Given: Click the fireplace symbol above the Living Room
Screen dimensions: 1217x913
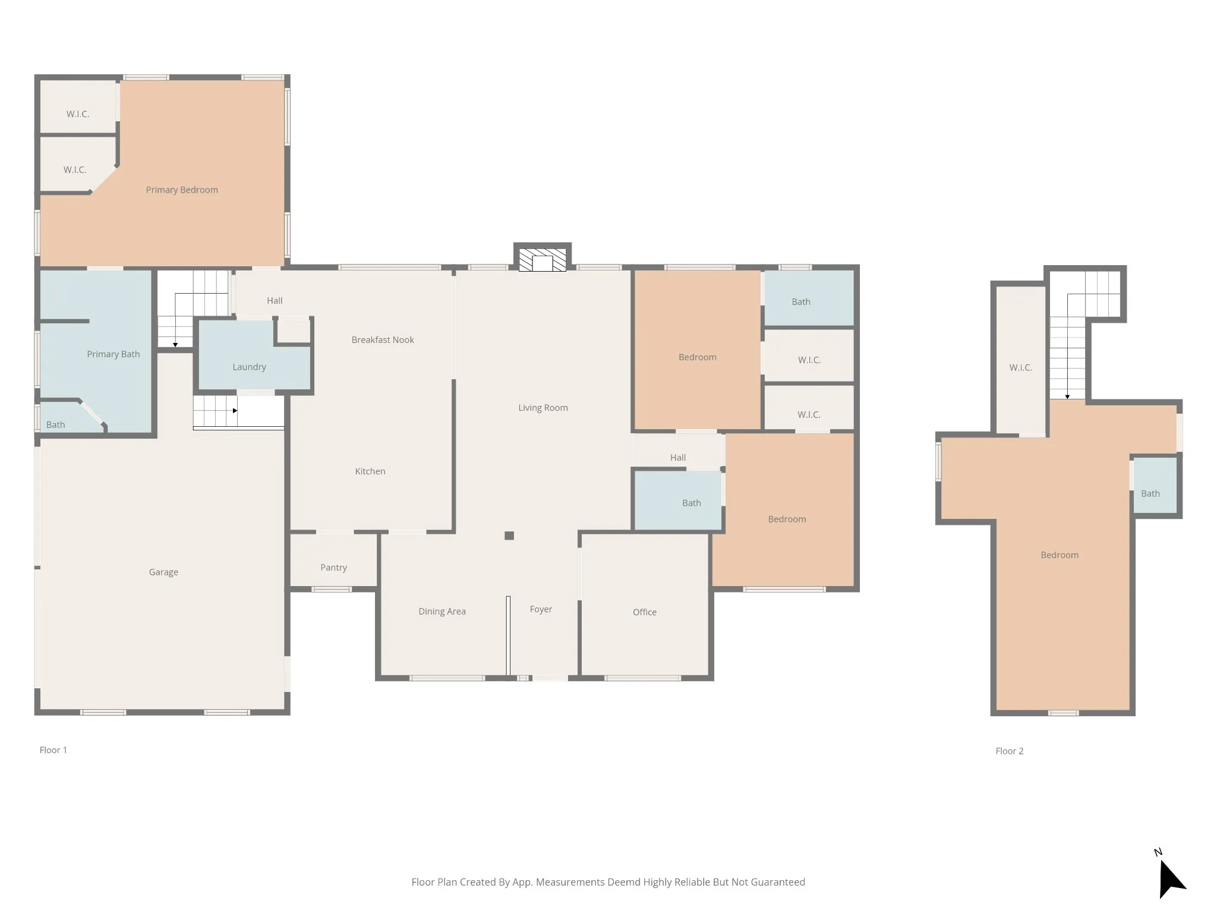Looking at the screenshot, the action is coord(543,260).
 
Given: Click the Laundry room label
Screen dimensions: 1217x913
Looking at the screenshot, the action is coord(249,367).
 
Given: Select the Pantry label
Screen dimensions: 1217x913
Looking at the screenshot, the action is coord(333,568).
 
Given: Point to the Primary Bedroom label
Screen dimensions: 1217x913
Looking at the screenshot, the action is coord(182,190).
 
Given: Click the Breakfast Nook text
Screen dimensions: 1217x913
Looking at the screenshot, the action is coord(383,340).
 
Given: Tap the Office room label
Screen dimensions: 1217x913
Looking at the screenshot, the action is coord(645,612).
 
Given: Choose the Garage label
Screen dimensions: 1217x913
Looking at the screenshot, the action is coord(163,572).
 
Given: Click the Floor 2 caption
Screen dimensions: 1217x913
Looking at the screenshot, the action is coord(1010,751).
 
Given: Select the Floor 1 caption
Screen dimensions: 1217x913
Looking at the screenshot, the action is coord(53,750).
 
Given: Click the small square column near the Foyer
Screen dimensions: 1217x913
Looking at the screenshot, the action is coord(509,536).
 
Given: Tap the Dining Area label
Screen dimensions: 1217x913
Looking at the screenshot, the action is coord(442,612).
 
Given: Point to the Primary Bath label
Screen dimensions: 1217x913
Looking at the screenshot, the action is coord(113,354).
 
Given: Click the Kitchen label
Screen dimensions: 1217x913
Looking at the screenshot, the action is coord(370,471).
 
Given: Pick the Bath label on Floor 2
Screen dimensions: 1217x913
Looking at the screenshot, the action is coord(1150,493).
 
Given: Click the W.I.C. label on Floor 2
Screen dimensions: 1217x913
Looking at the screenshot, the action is coord(1020,368).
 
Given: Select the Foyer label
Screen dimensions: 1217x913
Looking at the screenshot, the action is coord(541,609).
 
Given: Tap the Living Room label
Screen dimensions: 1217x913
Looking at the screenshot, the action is coord(543,408).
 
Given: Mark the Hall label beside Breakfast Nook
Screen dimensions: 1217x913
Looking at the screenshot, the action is coord(275,301).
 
